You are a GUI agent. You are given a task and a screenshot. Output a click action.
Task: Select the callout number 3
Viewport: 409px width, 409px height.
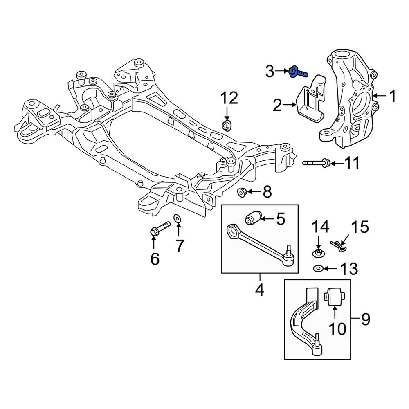(x=270, y=71)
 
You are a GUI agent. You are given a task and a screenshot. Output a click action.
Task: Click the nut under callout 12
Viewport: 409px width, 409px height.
(x=226, y=126)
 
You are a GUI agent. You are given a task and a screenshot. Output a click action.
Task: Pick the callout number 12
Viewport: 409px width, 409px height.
(x=229, y=98)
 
